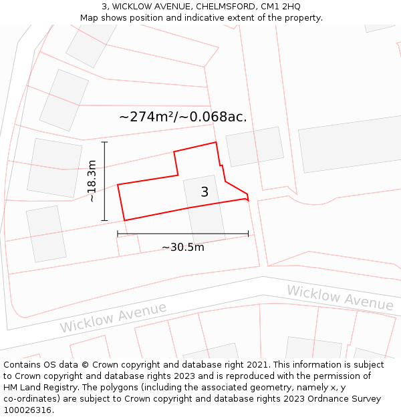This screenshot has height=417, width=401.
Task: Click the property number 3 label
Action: (205, 192)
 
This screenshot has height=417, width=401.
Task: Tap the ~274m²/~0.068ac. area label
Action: (182, 117)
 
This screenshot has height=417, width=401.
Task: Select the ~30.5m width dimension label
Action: (182, 248)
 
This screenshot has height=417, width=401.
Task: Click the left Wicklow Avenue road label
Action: (113, 317)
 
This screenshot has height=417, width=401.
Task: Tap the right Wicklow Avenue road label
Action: (340, 298)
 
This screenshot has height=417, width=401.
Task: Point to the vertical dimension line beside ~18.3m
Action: (105, 181)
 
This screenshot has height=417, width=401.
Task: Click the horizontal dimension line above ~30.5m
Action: (182, 234)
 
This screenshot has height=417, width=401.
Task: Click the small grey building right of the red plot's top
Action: (255, 146)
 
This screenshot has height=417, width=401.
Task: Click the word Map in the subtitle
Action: (90, 18)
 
